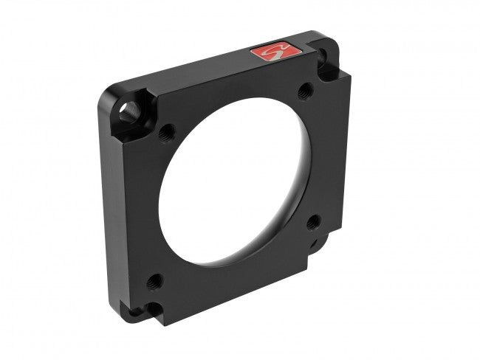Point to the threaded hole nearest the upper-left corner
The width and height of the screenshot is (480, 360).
pyautogui.click(x=167, y=134)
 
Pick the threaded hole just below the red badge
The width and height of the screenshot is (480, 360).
pyautogui.click(x=304, y=91)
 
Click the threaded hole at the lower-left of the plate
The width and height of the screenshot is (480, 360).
pyautogui.click(x=155, y=280)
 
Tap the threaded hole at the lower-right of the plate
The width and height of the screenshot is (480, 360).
pyautogui.click(x=312, y=221)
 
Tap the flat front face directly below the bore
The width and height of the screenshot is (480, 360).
pyautogui.click(x=222, y=284)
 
